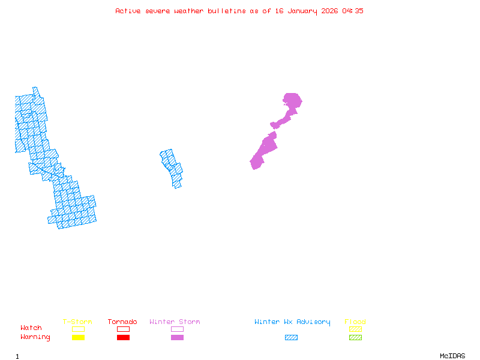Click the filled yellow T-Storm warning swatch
click(x=78, y=338)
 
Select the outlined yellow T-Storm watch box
click(x=78, y=329)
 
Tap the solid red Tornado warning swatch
click(x=123, y=338)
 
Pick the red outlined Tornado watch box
click(x=123, y=329)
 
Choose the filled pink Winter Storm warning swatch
click(x=177, y=338)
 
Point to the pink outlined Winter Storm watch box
click(x=177, y=329)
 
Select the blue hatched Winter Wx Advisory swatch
click(x=291, y=338)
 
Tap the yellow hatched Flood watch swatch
click(x=355, y=329)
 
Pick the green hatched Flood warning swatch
click(x=355, y=338)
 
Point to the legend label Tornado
click(x=122, y=322)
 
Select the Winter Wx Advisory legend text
click(x=292, y=322)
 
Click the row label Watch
click(x=31, y=328)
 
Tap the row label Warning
click(x=35, y=337)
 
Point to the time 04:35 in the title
click(x=353, y=11)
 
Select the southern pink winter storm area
click(x=263, y=152)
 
